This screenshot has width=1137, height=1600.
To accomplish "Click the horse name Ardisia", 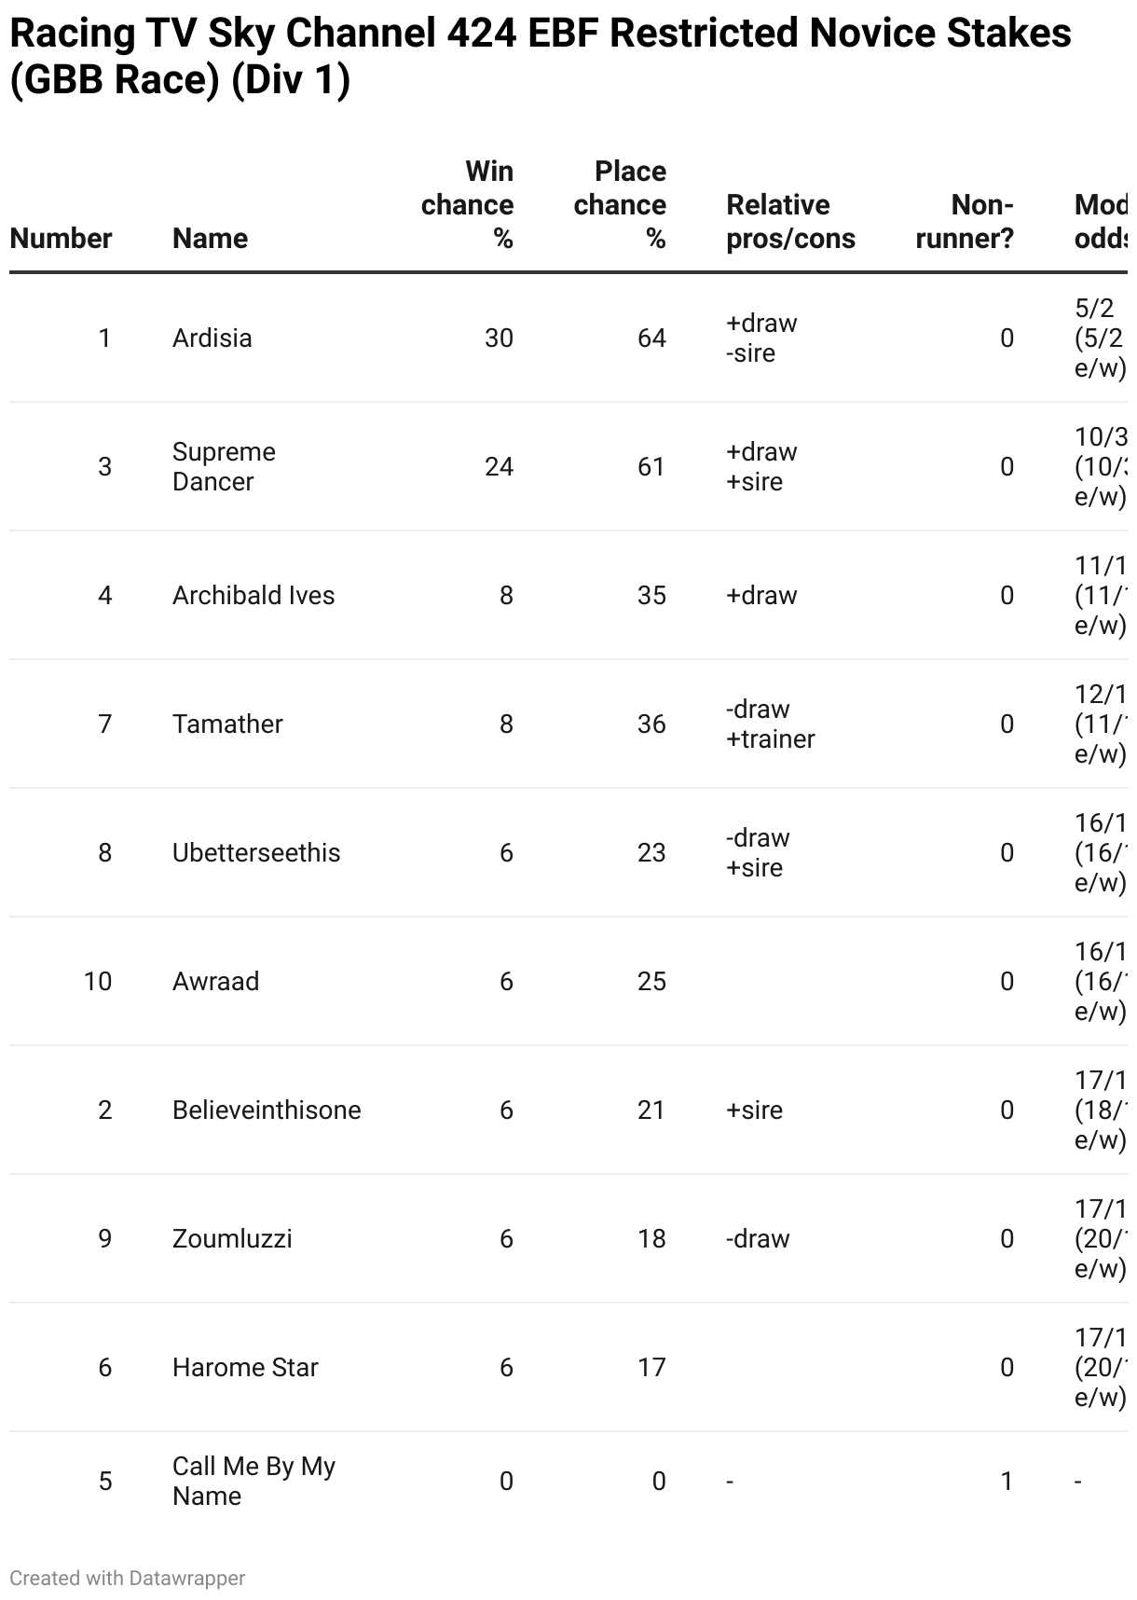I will click(212, 338).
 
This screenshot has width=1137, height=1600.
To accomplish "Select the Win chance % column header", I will click(468, 205).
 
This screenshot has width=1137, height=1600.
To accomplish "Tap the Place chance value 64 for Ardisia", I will click(651, 338).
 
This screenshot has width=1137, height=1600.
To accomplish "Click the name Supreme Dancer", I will click(224, 466).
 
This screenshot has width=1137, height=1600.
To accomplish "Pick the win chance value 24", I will click(499, 466).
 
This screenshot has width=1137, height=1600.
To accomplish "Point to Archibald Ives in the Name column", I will click(253, 595).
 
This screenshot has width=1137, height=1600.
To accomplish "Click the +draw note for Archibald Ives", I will click(761, 595).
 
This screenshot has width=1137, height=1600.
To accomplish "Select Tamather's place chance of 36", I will click(651, 724).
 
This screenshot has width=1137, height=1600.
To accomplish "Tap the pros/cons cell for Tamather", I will click(770, 724).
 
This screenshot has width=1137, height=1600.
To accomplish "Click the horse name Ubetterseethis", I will click(256, 852).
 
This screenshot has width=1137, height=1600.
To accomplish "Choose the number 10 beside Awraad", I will click(98, 981).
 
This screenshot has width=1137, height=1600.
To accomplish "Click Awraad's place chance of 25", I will click(651, 981).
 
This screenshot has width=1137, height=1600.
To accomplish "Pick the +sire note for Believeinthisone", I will click(754, 1110).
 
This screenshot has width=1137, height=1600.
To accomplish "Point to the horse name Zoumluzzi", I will click(232, 1238).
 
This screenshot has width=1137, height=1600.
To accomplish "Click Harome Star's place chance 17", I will click(651, 1367).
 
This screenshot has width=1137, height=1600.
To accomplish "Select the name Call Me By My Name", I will click(253, 1481).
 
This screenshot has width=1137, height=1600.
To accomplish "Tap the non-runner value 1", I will click(1007, 1481).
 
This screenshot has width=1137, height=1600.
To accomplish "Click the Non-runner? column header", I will click(965, 222).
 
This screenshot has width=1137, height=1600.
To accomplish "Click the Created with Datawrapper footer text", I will click(128, 1578).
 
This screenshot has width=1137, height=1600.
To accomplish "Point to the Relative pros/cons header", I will click(790, 222).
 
